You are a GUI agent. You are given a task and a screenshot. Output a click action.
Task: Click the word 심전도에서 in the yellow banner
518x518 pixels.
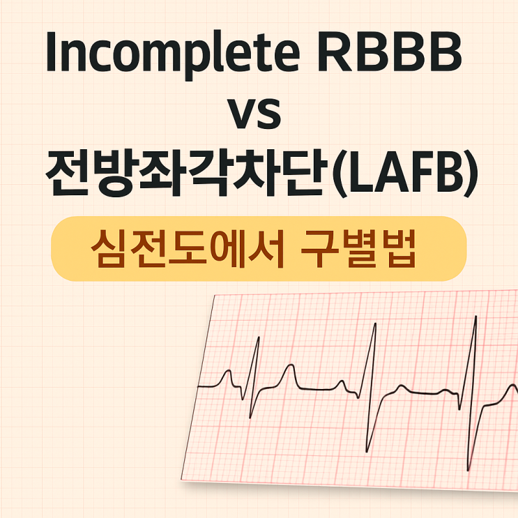pyautogui.click(x=188, y=248)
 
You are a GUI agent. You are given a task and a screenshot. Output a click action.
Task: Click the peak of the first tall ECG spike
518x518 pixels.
pyautogui.click(x=259, y=338)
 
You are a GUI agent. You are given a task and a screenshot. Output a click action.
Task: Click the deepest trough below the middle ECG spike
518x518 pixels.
pyautogui.click(x=367, y=450)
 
